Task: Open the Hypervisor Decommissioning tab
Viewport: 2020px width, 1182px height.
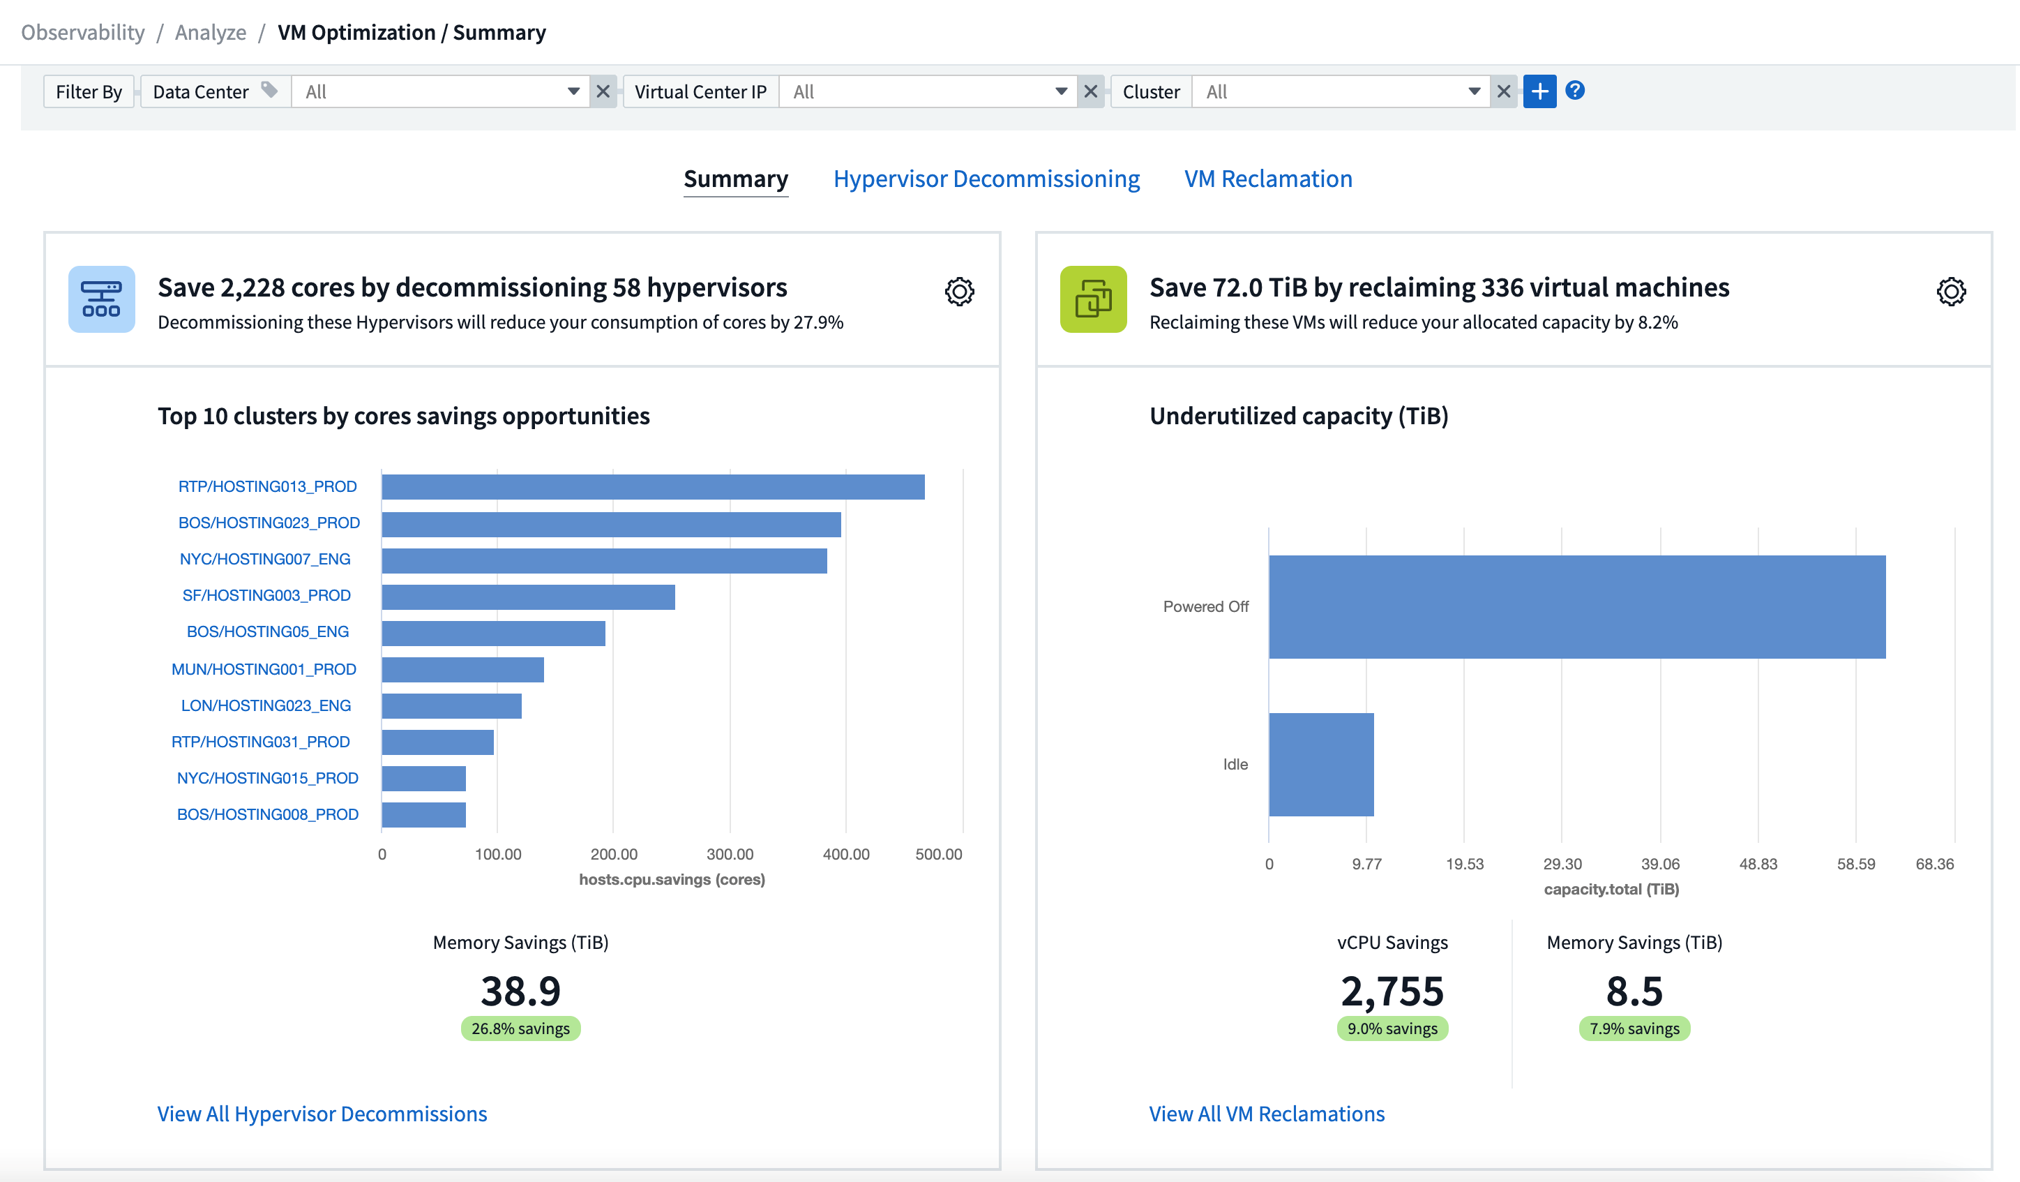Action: (x=986, y=179)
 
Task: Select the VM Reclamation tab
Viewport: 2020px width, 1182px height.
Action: (x=1268, y=179)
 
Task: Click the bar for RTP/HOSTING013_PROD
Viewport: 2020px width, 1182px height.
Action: (x=652, y=487)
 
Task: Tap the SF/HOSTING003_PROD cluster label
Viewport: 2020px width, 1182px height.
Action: (x=266, y=595)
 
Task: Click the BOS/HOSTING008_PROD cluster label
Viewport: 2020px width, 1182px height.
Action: (x=267, y=814)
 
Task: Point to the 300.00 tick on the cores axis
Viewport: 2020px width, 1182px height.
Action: (x=730, y=854)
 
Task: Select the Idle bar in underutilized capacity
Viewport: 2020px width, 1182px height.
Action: (x=1321, y=764)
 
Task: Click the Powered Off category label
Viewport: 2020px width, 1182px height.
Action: (x=1205, y=607)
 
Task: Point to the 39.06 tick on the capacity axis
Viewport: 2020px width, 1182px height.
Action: (x=1659, y=864)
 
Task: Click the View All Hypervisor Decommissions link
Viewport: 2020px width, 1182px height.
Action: (x=322, y=1114)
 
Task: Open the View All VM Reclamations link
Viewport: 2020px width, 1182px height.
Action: (x=1267, y=1114)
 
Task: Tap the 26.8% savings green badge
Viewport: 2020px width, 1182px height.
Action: (x=520, y=1028)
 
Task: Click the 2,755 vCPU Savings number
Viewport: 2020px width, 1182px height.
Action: (x=1392, y=991)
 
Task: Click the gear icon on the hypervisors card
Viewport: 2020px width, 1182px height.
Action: (x=958, y=292)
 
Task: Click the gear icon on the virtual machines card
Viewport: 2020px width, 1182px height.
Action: (x=1950, y=292)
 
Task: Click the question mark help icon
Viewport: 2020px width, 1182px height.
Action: (x=1574, y=91)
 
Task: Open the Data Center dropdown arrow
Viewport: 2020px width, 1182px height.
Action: (x=573, y=91)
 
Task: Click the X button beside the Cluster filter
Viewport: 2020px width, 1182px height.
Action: (x=1503, y=91)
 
